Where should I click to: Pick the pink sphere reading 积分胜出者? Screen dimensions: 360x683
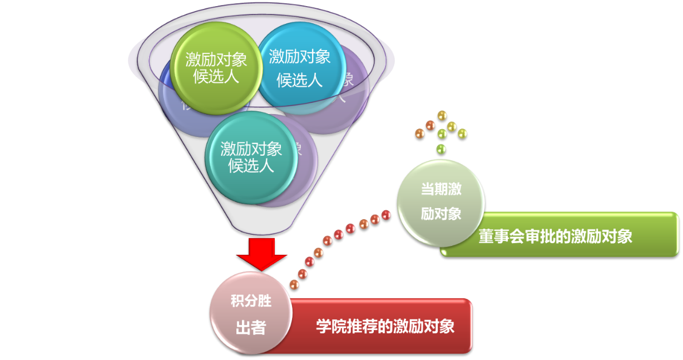pyautogui.click(x=251, y=314)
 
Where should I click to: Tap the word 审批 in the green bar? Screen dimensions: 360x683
pyautogui.click(x=540, y=236)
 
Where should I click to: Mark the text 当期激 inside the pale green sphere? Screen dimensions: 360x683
pyautogui.click(x=441, y=189)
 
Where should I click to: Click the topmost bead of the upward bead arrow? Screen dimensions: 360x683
pyautogui.click(x=442, y=115)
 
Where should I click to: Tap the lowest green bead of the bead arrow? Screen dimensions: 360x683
pyautogui.click(x=441, y=149)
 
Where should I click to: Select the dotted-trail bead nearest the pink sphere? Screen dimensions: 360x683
pyautogui.click(x=294, y=284)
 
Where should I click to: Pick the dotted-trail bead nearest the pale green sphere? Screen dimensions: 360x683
pyautogui.click(x=386, y=215)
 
